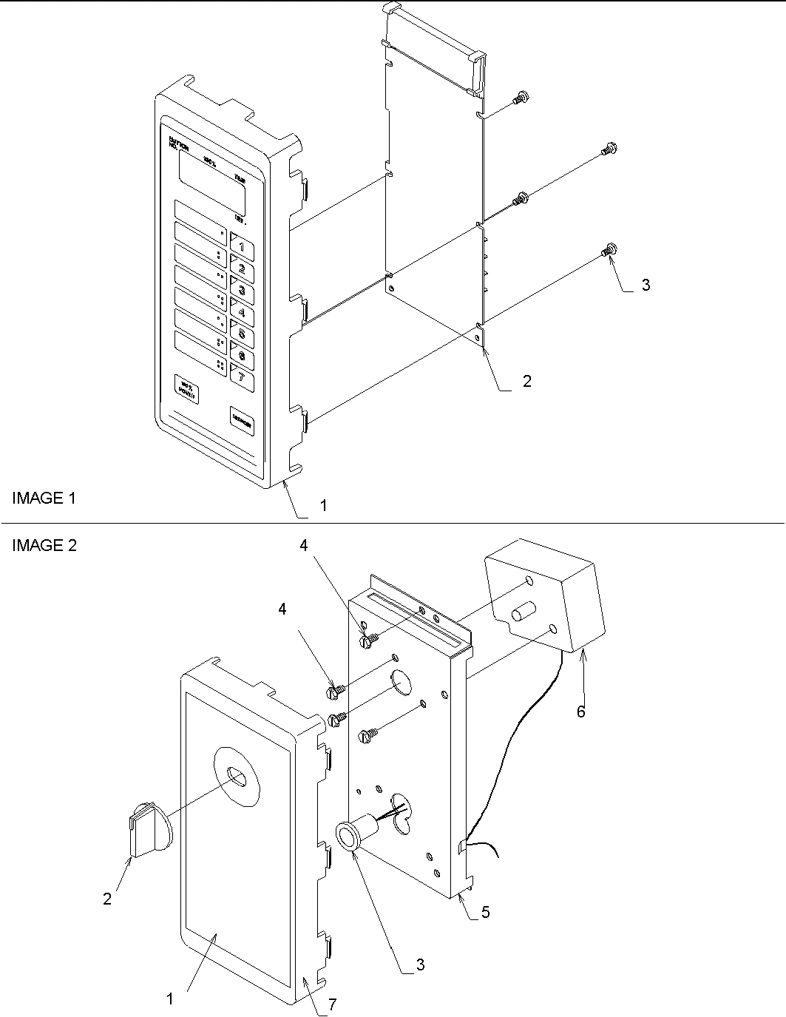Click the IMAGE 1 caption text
point(44,499)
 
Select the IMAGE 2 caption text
point(44,546)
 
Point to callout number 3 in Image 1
point(646,285)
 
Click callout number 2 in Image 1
point(526,382)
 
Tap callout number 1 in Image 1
point(323,507)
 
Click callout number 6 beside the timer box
point(581,712)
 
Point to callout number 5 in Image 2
point(485,913)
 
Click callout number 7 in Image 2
point(333,1004)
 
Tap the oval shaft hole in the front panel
point(237,775)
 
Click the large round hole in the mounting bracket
point(401,683)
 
